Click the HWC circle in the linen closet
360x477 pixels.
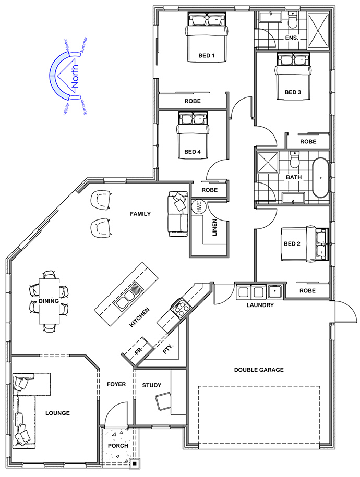pyautogui.click(x=199, y=206)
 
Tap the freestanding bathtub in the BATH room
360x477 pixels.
pyautogui.click(x=320, y=177)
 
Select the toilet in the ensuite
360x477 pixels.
pyautogui.click(x=293, y=19)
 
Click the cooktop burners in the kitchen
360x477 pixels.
pyautogui.click(x=181, y=308)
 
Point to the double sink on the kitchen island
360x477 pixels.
pyautogui.click(x=129, y=294)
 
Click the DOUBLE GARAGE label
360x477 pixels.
pyautogui.click(x=259, y=370)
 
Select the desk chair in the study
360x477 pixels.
pyautogui.click(x=163, y=402)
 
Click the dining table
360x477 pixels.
pyautogui.click(x=49, y=301)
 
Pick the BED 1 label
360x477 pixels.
pyautogui.click(x=206, y=56)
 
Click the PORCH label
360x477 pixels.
pyautogui.click(x=118, y=446)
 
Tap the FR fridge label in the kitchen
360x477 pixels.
pyautogui.click(x=139, y=352)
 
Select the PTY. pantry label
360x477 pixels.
pyautogui.click(x=168, y=349)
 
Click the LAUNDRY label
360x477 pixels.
pyautogui.click(x=260, y=305)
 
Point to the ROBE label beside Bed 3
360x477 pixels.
pyautogui.click(x=308, y=142)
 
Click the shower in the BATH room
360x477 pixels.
pyautogui.click(x=268, y=162)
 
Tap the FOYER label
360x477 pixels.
pyautogui.click(x=116, y=384)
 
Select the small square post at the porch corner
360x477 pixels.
pyautogui.click(x=134, y=463)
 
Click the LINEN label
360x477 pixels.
pyautogui.click(x=214, y=227)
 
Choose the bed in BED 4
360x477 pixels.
pyautogui.click(x=193, y=135)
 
